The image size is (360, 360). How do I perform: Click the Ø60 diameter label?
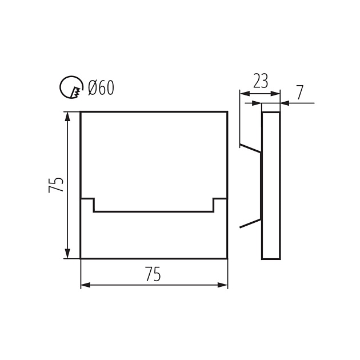click(x=101, y=88)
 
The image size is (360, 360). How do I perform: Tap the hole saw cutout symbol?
click(x=71, y=87)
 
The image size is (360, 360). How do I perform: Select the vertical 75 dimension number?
click(x=56, y=185)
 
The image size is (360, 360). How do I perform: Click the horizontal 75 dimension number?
click(x=153, y=274)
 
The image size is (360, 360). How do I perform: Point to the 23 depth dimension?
click(x=261, y=81)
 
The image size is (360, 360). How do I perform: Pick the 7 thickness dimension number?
click(x=299, y=93)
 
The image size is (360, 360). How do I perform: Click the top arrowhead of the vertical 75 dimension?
click(x=67, y=117)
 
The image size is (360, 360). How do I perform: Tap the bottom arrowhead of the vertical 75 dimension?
click(x=67, y=254)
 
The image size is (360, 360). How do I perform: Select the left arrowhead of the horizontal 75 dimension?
click(x=86, y=285)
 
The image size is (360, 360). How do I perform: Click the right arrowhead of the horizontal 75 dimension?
click(x=222, y=285)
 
